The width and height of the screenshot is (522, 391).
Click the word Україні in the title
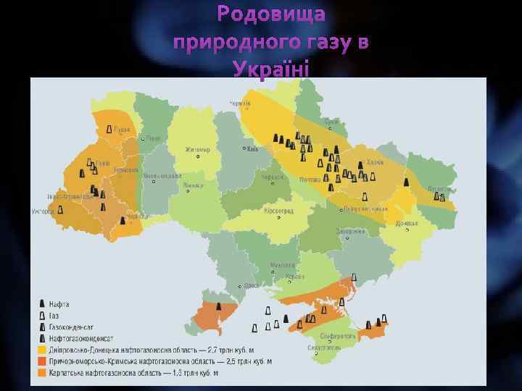(272, 70)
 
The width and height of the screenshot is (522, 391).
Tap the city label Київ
(252, 150)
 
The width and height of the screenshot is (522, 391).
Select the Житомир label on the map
(197, 150)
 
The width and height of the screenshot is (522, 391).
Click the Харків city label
(376, 162)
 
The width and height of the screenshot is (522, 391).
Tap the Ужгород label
(43, 211)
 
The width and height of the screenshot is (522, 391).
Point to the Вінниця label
(193, 185)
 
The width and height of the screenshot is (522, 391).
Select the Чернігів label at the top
(241, 104)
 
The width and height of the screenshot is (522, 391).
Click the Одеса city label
(252, 285)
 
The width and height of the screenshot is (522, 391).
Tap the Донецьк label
(408, 222)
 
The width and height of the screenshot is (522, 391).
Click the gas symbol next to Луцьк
(109, 130)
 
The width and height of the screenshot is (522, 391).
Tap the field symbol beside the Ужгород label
(60, 209)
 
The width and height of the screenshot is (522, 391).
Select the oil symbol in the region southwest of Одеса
(219, 306)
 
